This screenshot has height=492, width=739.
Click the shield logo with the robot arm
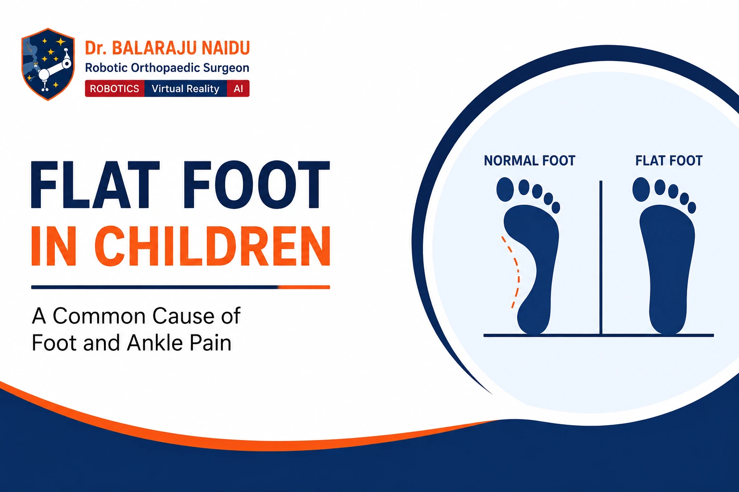pyautogui.click(x=48, y=64)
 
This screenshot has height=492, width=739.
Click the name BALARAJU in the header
pyautogui.click(x=154, y=48)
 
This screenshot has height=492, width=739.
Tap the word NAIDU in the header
pyautogui.click(x=226, y=48)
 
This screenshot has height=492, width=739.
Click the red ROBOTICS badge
pyautogui.click(x=115, y=88)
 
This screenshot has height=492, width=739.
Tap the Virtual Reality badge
pyautogui.click(x=185, y=88)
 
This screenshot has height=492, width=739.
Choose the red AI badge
pyautogui.click(x=238, y=88)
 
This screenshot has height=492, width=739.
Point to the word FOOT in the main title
pyautogui.click(x=256, y=185)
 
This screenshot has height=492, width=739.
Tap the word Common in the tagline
pyautogui.click(x=99, y=316)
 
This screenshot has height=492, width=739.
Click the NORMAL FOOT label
pyautogui.click(x=530, y=161)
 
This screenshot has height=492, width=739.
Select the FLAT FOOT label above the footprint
pyautogui.click(x=669, y=161)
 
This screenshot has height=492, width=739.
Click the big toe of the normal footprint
pyautogui.click(x=505, y=189)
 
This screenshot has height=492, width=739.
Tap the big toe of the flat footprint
pyautogui.click(x=641, y=189)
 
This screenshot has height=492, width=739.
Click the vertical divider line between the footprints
pyautogui.click(x=601, y=258)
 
